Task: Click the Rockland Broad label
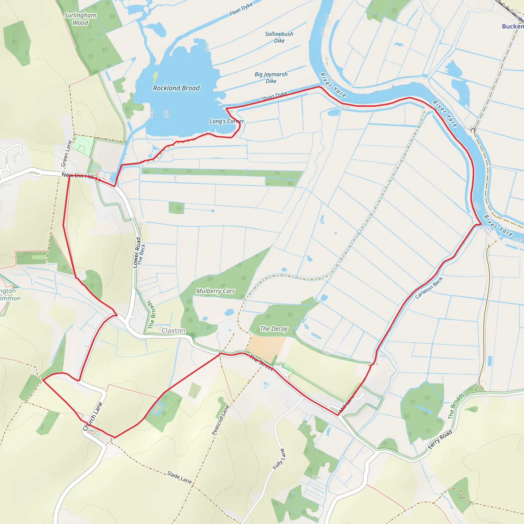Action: pyautogui.click(x=176, y=88)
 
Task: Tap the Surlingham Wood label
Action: pyautogui.click(x=80, y=19)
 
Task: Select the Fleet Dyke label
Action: pyautogui.click(x=241, y=9)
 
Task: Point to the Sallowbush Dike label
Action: pyautogui.click(x=279, y=37)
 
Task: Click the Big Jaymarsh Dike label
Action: pyautogui.click(x=271, y=78)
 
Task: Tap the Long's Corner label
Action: pyautogui.click(x=227, y=121)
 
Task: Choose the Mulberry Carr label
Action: pyautogui.click(x=215, y=291)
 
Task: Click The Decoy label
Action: pyautogui.click(x=274, y=329)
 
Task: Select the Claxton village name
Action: pyautogui.click(x=173, y=331)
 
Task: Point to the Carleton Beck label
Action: pyautogui.click(x=429, y=288)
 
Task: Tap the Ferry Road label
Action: pyautogui.click(x=440, y=439)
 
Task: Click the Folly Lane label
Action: pyautogui.click(x=279, y=459)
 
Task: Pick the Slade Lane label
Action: pyautogui.click(x=179, y=477)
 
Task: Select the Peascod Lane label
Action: pyautogui.click(x=220, y=420)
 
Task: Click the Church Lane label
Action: pyautogui.click(x=93, y=416)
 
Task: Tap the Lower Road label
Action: pyautogui.click(x=137, y=253)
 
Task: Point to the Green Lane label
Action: pyautogui.click(x=66, y=154)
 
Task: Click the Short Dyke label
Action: pyautogui.click(x=274, y=96)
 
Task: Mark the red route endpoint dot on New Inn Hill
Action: pyautogui.click(x=100, y=180)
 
